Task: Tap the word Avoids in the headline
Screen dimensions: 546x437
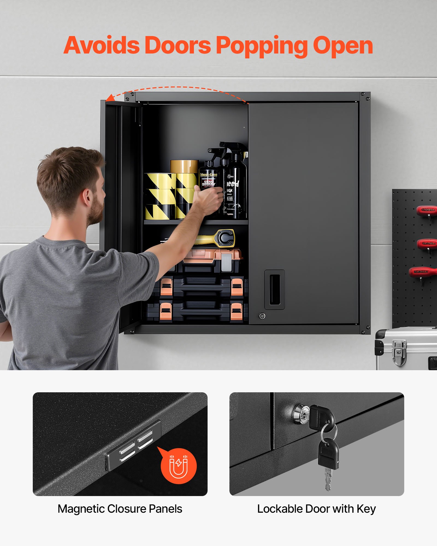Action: [102, 45]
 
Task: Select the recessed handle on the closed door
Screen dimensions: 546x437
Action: [274, 289]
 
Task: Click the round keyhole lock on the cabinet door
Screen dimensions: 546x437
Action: [262, 316]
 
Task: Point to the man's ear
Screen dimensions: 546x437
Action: [87, 198]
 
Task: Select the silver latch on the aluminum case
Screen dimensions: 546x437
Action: [399, 352]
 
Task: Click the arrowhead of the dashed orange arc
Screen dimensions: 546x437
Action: [110, 98]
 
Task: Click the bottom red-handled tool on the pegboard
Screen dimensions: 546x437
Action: [422, 272]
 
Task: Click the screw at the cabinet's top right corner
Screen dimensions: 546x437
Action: [368, 99]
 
